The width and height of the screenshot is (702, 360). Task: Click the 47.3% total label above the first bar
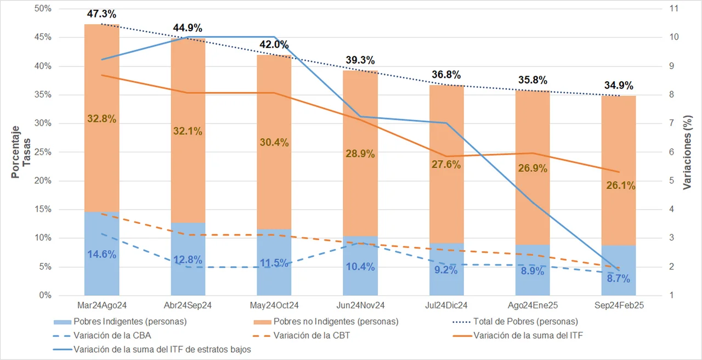tap(101, 14)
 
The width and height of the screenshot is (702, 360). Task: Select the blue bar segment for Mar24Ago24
tap(101, 274)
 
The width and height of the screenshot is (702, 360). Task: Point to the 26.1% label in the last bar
tap(621, 185)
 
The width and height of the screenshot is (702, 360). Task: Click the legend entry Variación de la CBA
tap(112, 335)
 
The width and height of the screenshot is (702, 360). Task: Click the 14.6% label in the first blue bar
tap(101, 254)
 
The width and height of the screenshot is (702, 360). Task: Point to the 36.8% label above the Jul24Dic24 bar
tap(446, 75)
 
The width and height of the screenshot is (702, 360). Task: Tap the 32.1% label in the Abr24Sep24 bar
tap(188, 131)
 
